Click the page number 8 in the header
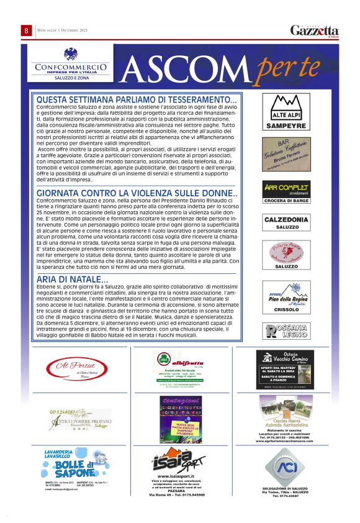coord(27,30)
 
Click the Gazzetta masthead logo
coord(315,30)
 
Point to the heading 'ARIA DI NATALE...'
coord(71,279)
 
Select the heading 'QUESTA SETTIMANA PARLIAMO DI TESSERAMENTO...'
coord(137,99)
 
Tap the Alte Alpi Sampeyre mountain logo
coord(286,107)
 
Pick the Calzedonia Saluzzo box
coord(286,223)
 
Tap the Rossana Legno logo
coord(286,330)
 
